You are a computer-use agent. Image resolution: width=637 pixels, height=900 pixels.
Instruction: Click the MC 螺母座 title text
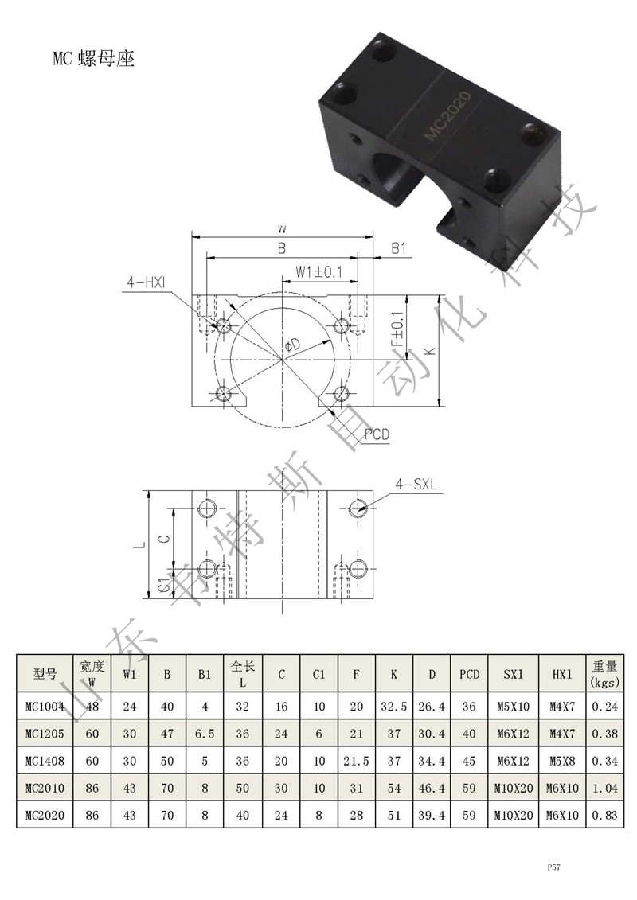[94, 59]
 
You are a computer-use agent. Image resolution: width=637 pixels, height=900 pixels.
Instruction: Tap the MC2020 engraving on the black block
[447, 115]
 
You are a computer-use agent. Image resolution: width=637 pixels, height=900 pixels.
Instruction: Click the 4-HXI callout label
[147, 282]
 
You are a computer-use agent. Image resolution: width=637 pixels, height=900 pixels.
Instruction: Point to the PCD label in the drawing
[377, 434]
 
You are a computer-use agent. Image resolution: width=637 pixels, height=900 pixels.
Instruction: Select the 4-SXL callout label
[416, 485]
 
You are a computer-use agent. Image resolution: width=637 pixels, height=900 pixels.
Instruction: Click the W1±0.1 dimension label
[318, 271]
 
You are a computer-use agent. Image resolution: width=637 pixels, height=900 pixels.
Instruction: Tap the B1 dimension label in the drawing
[399, 248]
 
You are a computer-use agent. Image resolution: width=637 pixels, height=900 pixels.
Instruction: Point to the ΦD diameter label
[292, 345]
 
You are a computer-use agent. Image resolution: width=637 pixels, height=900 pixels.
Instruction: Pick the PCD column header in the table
[469, 675]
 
